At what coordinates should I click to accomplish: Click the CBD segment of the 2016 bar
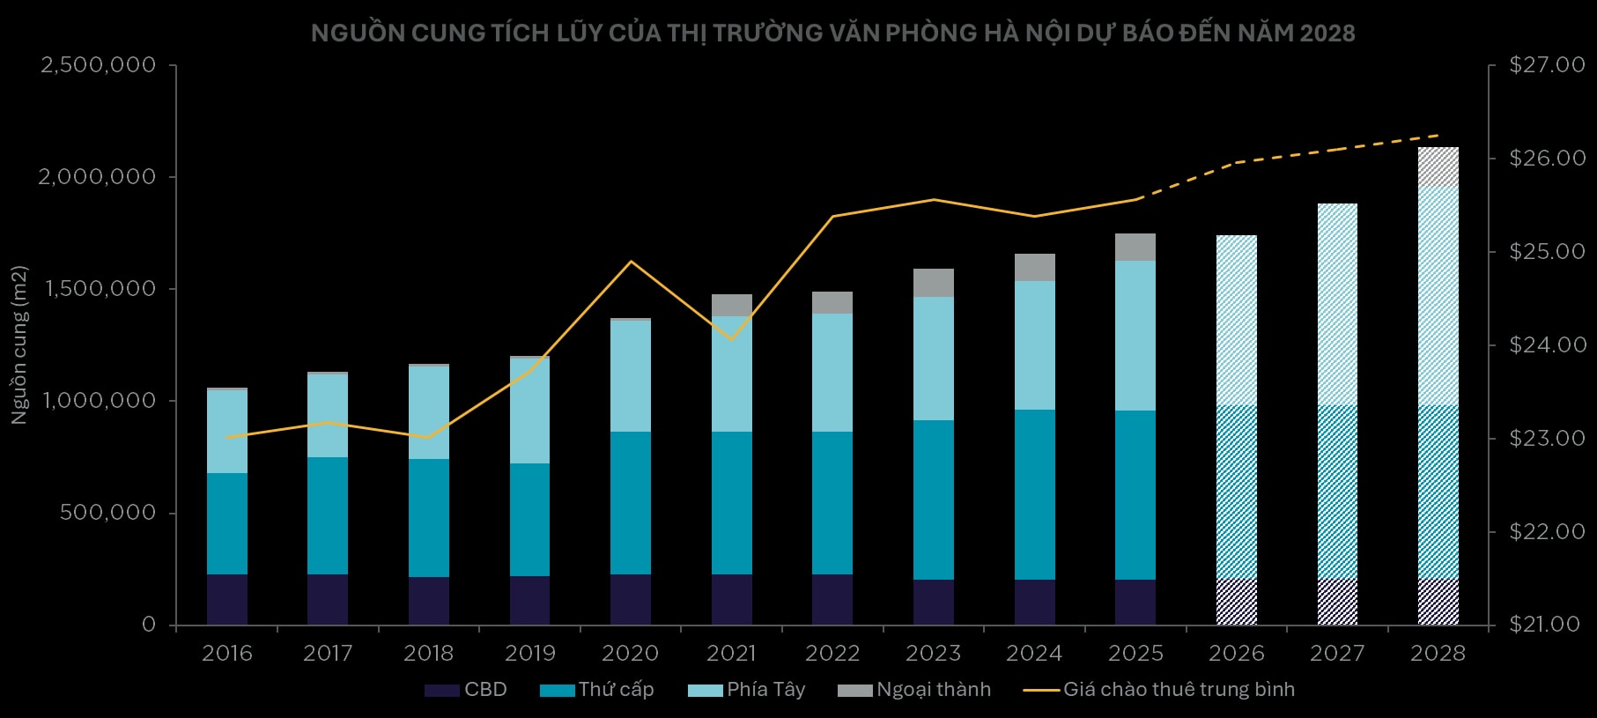(x=227, y=599)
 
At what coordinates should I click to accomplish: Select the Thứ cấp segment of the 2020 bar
(x=631, y=502)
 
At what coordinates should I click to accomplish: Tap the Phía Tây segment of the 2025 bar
(x=1135, y=335)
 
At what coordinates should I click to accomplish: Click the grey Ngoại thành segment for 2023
(x=934, y=283)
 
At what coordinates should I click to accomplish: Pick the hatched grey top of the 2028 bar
(x=1438, y=167)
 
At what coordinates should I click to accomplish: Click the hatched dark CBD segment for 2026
(x=1237, y=602)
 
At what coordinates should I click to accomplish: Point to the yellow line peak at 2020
(x=631, y=261)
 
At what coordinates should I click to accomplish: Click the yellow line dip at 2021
(x=732, y=339)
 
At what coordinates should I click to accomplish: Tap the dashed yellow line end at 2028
(x=1438, y=135)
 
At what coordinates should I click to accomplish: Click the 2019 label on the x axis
(x=530, y=653)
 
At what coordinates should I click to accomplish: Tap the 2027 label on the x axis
(x=1337, y=653)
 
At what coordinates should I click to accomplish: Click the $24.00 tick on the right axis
(x=1534, y=345)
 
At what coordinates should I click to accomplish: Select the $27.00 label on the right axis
(x=1534, y=65)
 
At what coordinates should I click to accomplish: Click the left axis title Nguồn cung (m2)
(x=19, y=344)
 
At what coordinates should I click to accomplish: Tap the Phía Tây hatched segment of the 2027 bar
(x=1337, y=304)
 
